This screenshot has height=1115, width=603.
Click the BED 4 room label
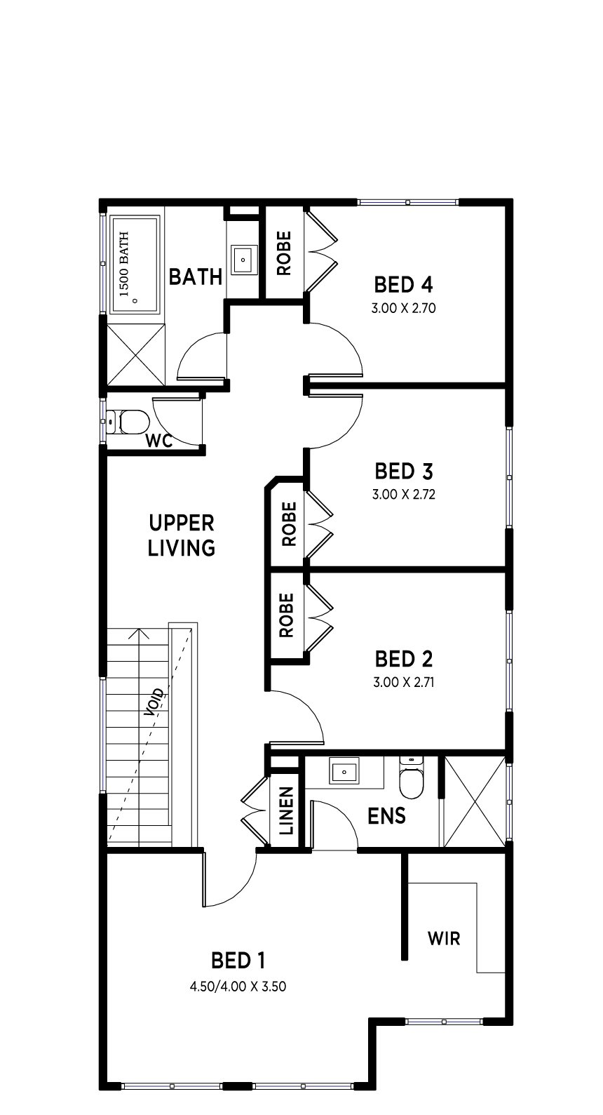pos(403,285)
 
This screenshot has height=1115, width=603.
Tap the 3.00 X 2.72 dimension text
pos(403,494)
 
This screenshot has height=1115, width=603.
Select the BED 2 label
pos(403,659)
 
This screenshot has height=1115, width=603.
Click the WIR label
pos(444,939)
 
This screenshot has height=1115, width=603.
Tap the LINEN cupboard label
pos(286,811)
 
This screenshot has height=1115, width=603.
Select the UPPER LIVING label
pos(182,535)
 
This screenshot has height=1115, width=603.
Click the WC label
pos(159,441)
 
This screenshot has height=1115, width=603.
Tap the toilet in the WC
pos(128,422)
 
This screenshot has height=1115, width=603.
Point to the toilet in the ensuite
pos(412,777)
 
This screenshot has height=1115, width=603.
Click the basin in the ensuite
pos(344,772)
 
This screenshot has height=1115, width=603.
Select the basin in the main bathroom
pos(243,259)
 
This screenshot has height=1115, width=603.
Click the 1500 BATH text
pos(124,264)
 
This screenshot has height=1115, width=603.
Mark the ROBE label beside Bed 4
pos(283,253)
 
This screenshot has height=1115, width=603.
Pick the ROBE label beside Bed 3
pos(289,524)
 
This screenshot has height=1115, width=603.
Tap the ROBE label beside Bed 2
pos(287,615)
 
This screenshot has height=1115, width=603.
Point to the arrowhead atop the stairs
pos(139,634)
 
